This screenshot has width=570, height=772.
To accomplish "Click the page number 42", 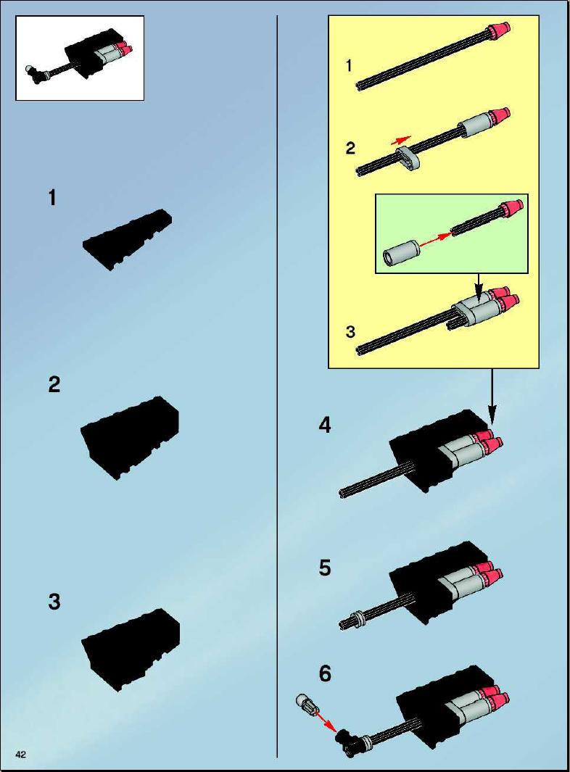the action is pos(21,755).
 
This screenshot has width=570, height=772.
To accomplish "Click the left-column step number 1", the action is pos(52,198).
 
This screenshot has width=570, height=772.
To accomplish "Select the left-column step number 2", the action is pos(54,384).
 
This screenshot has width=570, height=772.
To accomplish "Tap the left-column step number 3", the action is pos(54,602).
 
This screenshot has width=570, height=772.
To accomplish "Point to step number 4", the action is pos(325,425).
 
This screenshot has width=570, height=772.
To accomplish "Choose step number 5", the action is pos(325,568).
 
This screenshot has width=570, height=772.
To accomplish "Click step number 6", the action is pos(325,673).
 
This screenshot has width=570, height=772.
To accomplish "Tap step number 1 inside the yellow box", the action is pos(349,65).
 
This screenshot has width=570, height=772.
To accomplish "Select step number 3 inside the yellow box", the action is pos(350,332).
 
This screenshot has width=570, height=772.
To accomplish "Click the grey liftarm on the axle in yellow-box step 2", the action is pos(408,157).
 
